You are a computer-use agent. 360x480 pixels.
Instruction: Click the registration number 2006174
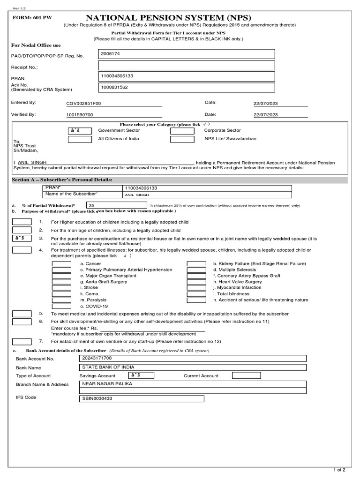pos(110,54)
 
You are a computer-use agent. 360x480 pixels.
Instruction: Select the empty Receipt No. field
pos(187,66)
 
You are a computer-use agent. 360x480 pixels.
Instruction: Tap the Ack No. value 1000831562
pos(114,87)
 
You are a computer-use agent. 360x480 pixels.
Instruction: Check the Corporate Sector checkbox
pos(182,130)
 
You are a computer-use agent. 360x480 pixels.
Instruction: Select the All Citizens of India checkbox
pos(80,139)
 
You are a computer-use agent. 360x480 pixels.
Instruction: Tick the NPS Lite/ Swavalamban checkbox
pos(182,139)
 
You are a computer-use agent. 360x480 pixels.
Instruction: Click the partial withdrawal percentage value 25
pos(91,205)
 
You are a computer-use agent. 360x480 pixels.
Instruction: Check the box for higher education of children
pos(22,222)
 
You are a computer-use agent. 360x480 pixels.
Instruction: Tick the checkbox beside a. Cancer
pos(61,264)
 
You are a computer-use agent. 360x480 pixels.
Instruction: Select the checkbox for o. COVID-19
pos(61,306)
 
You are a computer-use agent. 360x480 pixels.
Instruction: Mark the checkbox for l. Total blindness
pos(196,294)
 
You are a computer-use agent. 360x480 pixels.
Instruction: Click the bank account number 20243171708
pos(97,359)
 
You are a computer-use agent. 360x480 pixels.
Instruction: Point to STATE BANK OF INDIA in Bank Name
pos(105,367)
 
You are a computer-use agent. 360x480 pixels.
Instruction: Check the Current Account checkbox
pos(246,375)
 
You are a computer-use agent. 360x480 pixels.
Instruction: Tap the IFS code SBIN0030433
pos(97,399)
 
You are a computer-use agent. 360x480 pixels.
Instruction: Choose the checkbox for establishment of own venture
pos(22,341)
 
